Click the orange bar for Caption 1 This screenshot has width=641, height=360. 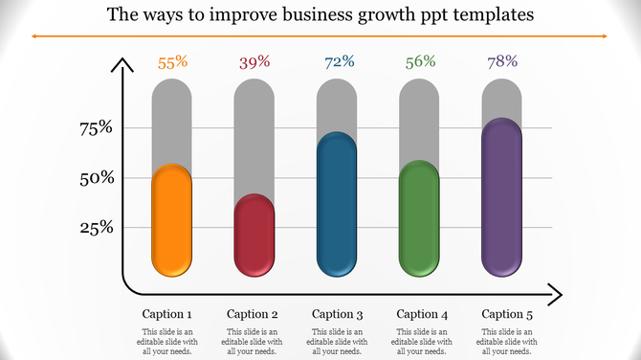click(x=172, y=219)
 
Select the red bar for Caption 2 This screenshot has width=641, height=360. click(x=254, y=235)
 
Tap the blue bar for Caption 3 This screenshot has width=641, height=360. click(x=337, y=204)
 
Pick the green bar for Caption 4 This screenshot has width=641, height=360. click(x=419, y=217)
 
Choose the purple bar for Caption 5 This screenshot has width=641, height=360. click(x=501, y=197)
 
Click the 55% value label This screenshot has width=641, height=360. click(x=172, y=63)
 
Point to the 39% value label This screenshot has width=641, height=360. click(x=254, y=63)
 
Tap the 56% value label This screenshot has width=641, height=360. click(x=419, y=63)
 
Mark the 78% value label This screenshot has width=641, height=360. click(x=501, y=63)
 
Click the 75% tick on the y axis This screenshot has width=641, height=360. click(x=96, y=128)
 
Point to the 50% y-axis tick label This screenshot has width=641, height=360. click(x=96, y=178)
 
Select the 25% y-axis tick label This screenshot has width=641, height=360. click(x=96, y=228)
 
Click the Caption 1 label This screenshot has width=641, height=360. click(x=167, y=314)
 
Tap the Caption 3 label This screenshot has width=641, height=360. click(x=338, y=314)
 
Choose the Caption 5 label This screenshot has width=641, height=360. click(x=507, y=314)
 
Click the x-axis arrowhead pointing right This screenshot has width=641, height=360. click(x=554, y=294)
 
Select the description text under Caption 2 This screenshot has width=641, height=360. click(x=253, y=342)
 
